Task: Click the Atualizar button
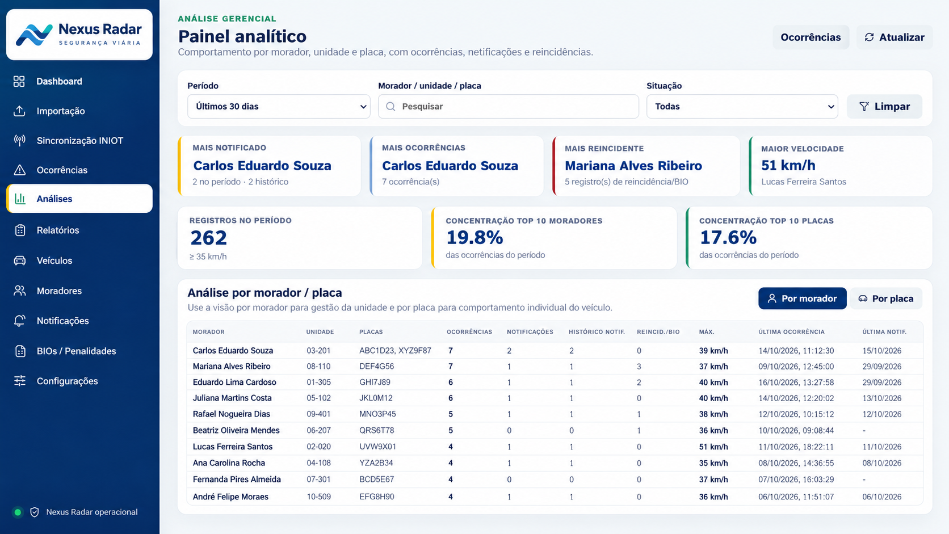tap(895, 37)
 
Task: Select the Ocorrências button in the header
tap(811, 37)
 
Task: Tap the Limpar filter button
tap(884, 106)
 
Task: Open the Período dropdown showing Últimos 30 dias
tap(279, 106)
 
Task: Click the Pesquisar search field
tap(509, 106)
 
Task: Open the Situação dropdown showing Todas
tap(742, 106)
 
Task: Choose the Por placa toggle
tap(886, 298)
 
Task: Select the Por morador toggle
tap(803, 298)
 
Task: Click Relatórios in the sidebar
tap(58, 230)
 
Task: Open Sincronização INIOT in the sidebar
tap(79, 141)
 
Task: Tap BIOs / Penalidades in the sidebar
tap(76, 351)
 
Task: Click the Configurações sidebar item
tap(67, 381)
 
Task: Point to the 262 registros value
tap(208, 238)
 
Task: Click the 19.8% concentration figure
tap(474, 238)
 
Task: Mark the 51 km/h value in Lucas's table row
tap(713, 447)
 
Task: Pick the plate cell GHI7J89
tap(375, 382)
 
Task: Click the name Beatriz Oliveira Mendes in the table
tap(236, 430)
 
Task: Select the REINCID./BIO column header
tap(658, 332)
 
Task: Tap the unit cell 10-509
tap(318, 497)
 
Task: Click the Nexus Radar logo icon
tap(34, 35)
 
